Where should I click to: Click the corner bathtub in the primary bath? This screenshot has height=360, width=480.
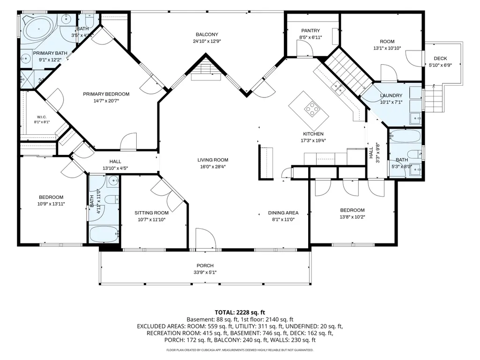(39, 29)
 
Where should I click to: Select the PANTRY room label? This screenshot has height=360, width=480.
(310, 30)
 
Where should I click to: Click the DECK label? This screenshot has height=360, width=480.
(440, 58)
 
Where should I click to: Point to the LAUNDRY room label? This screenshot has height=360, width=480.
(391, 96)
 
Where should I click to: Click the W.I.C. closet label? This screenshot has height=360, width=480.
(42, 117)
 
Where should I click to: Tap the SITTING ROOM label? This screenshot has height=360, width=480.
(152, 213)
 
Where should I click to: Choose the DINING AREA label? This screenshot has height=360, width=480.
(283, 213)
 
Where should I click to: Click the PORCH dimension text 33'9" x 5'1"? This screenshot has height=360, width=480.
(205, 272)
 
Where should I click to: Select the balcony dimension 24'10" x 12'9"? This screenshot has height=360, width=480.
(207, 41)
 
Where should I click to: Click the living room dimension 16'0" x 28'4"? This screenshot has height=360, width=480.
(213, 167)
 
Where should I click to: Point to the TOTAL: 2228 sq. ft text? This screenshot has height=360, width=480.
(240, 313)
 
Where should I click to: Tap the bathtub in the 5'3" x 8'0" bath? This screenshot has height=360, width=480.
(405, 136)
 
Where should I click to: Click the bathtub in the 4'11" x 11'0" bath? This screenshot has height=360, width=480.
(104, 234)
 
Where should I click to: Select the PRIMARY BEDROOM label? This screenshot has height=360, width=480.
(106, 94)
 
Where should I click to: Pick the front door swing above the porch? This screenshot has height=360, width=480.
(205, 239)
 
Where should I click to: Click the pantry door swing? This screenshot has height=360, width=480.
(305, 48)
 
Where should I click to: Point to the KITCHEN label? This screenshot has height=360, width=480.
(313, 134)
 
